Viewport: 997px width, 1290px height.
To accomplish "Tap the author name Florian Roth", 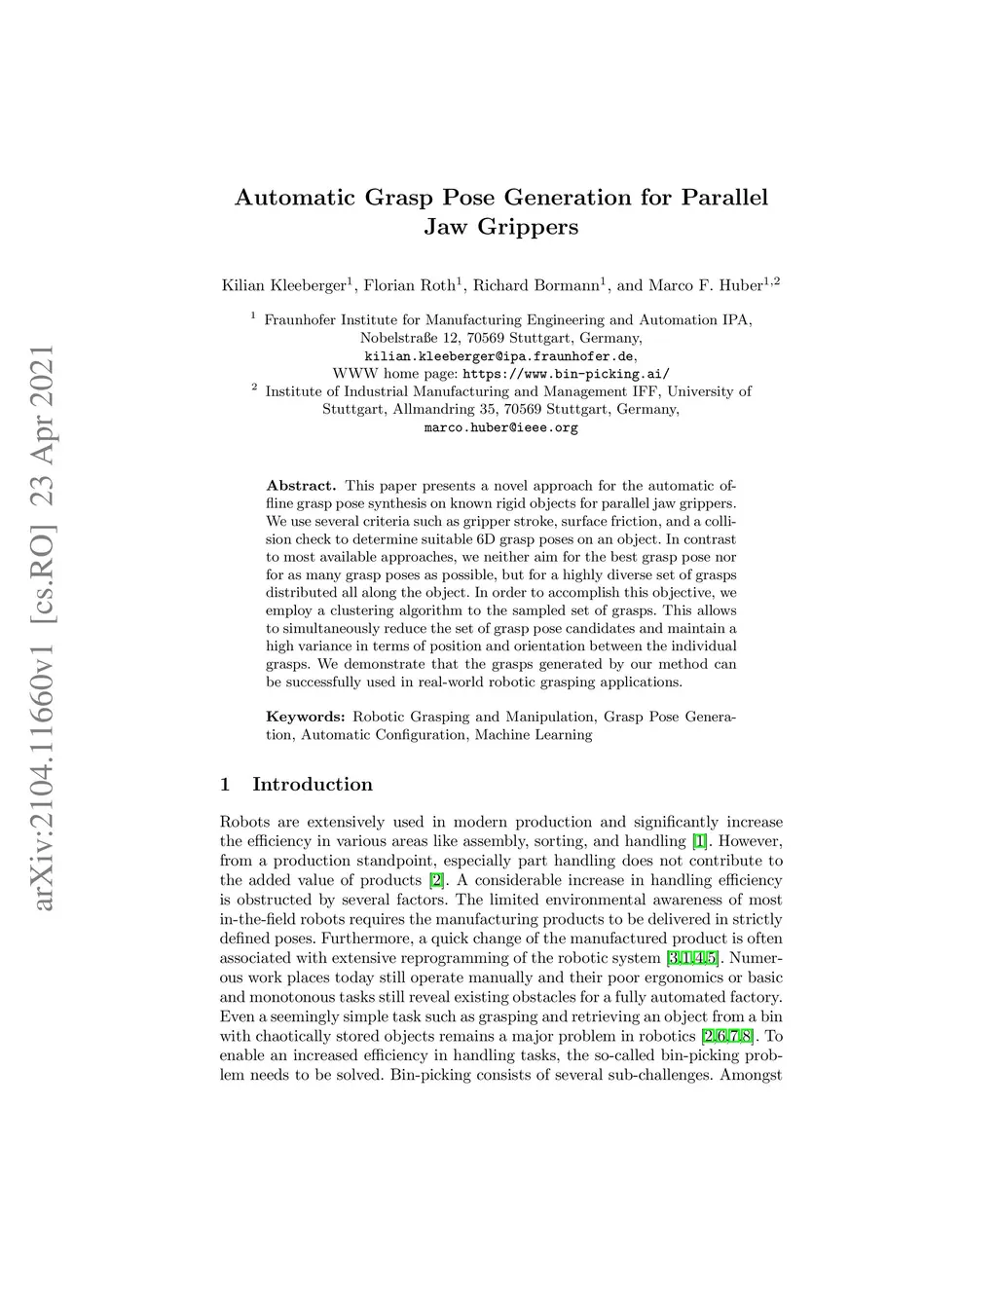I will coord(409,285).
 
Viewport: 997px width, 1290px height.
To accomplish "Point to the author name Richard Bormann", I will coord(535,285).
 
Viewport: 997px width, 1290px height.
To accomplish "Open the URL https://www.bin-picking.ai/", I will coord(566,374).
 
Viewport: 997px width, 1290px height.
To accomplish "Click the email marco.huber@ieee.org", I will coord(500,427).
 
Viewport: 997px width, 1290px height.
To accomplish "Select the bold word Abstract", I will coord(301,486).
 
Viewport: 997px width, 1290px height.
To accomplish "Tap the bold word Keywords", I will coord(305,718).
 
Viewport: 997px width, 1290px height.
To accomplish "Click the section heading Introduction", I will coord(312,785).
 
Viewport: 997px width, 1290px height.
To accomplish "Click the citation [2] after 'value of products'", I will coord(437,880).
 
